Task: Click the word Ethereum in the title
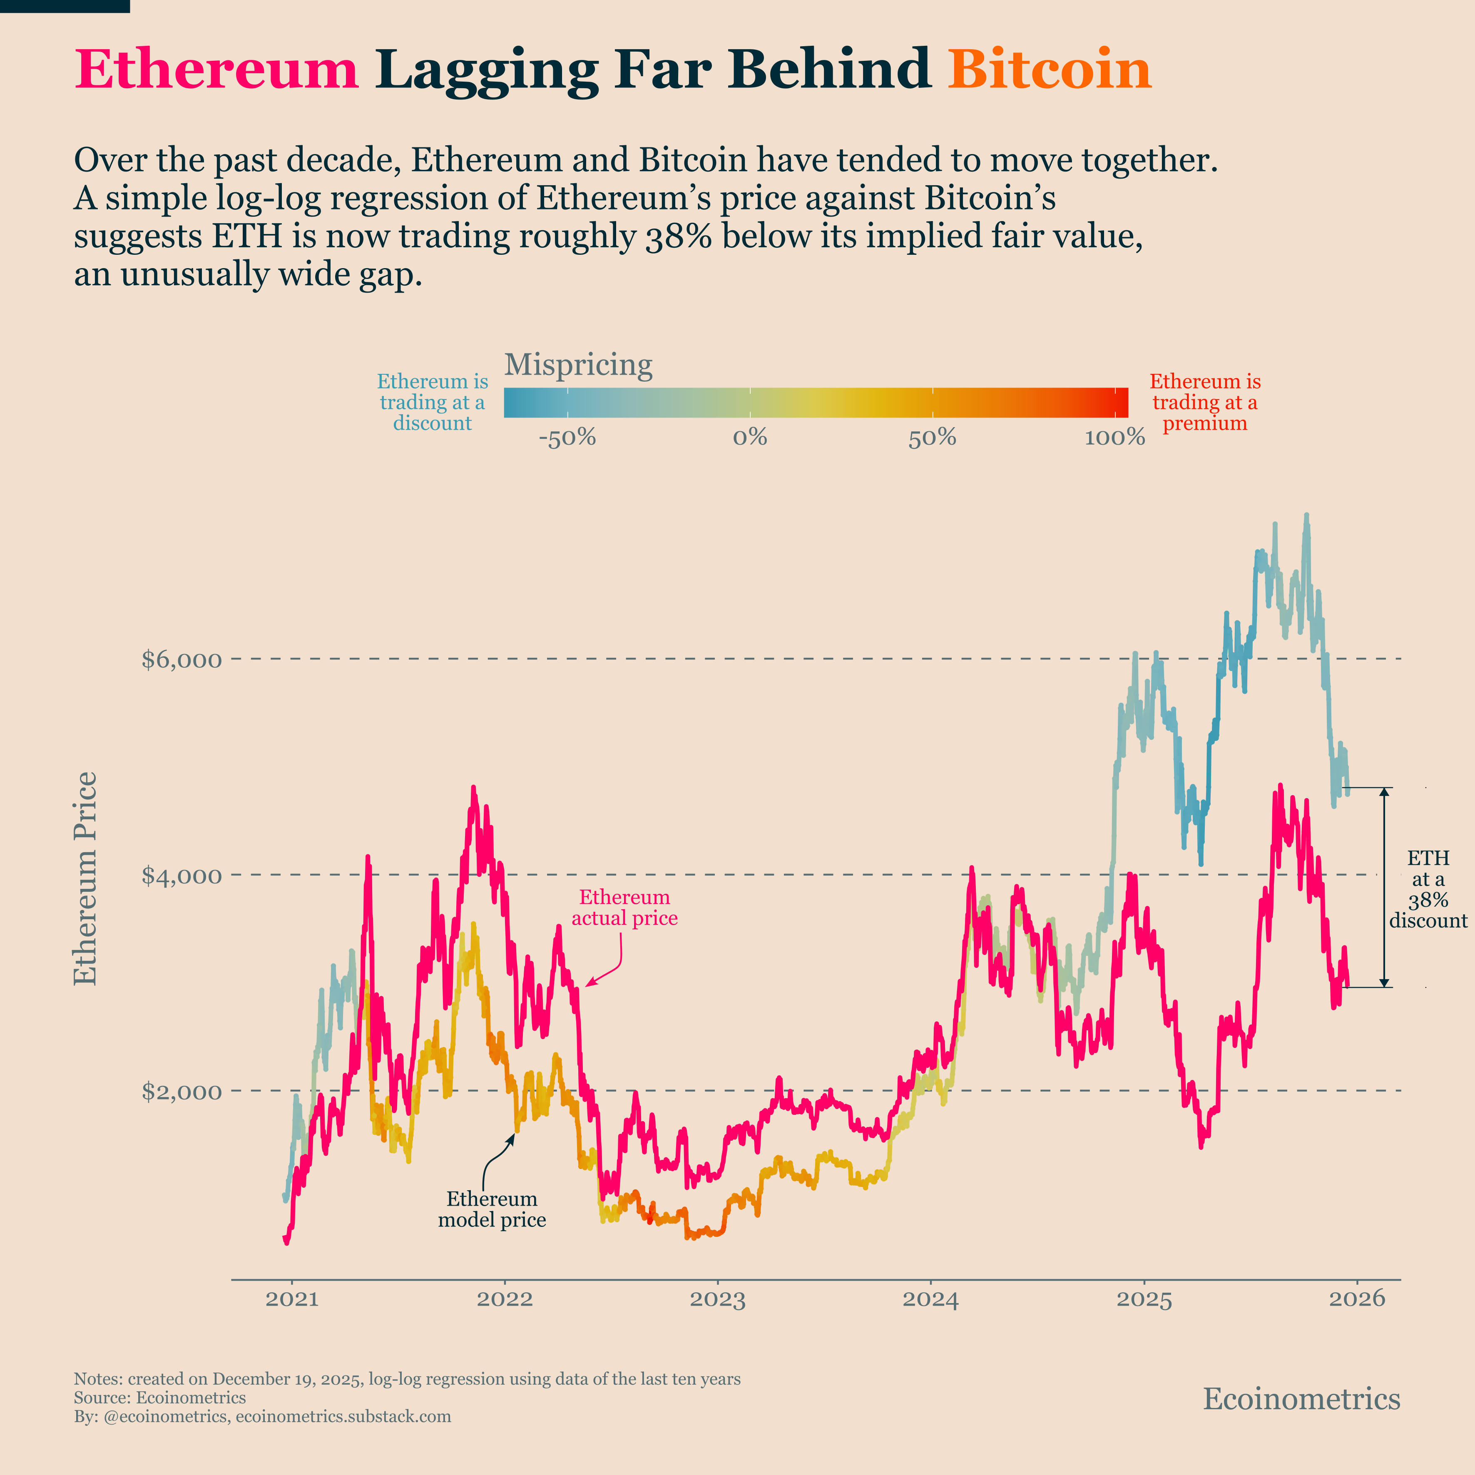click(216, 70)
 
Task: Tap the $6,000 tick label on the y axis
click(182, 659)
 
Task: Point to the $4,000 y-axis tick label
click(182, 875)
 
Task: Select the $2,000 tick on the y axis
click(182, 1091)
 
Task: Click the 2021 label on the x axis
click(292, 1299)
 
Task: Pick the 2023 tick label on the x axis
click(718, 1299)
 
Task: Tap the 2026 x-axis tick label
click(1357, 1299)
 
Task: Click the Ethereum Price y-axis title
click(85, 878)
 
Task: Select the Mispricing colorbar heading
click(578, 365)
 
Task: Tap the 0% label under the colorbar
click(750, 438)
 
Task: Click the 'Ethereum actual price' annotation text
click(624, 908)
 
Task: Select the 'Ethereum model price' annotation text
click(492, 1209)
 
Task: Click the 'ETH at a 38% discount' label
click(1428, 889)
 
